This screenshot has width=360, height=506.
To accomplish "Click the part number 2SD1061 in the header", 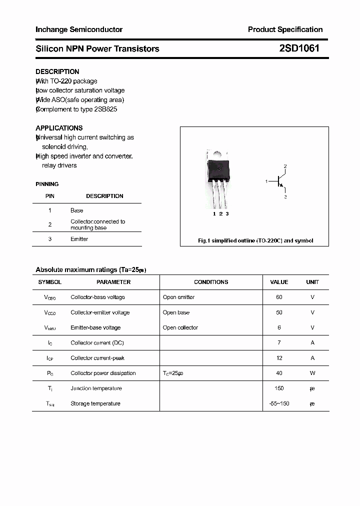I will pyautogui.click(x=299, y=48).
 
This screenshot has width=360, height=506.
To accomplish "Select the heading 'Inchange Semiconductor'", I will pyautogui.click(x=79, y=29).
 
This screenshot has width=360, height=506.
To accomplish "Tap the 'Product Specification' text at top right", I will pyautogui.click(x=285, y=29).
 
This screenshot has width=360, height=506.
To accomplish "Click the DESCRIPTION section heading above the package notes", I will pyautogui.click(x=57, y=71).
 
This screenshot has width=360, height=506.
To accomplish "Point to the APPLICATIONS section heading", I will pyautogui.click(x=59, y=128).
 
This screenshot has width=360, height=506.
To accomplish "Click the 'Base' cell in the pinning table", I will pyautogui.click(x=77, y=210).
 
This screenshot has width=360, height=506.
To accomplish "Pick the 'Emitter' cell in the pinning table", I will pyautogui.click(x=79, y=239).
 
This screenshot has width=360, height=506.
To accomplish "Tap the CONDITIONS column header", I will pyautogui.click(x=211, y=282).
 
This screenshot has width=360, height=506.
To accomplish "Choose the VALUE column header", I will pyautogui.click(x=279, y=282).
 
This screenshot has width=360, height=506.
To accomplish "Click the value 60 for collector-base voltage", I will pyautogui.click(x=279, y=297).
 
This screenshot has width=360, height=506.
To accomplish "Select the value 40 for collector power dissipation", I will pyautogui.click(x=279, y=373).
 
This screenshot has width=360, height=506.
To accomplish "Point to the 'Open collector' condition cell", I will pyautogui.click(x=180, y=327).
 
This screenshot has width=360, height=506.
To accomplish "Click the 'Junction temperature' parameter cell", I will pyautogui.click(x=96, y=388).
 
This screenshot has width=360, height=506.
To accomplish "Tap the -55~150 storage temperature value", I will pyautogui.click(x=279, y=403).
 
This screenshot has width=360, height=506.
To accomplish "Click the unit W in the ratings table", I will pyautogui.click(x=312, y=373).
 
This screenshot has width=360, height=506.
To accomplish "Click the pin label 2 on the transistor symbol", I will pyautogui.click(x=285, y=165).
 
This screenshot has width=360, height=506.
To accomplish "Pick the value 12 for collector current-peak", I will pyautogui.click(x=279, y=358).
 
